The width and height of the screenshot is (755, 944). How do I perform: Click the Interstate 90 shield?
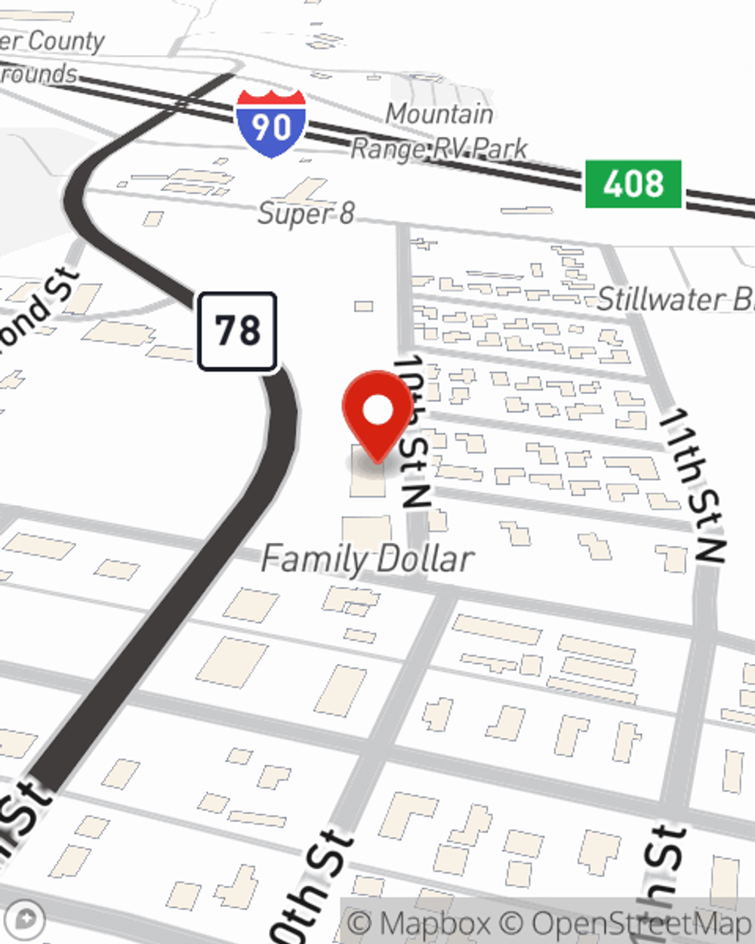(x=270, y=123)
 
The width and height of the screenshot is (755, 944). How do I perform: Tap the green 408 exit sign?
(x=633, y=184)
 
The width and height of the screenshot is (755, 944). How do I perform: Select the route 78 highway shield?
(x=237, y=331)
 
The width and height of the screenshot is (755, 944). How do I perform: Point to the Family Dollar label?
(x=368, y=560)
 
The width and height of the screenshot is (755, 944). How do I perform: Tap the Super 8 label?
(x=306, y=214)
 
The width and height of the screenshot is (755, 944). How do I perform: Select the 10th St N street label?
(x=413, y=430)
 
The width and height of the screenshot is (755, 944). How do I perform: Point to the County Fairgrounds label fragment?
(x=45, y=57)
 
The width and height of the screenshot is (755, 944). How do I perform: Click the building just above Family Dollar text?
(x=367, y=530)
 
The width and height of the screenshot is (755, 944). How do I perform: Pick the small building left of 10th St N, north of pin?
(x=364, y=306)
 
